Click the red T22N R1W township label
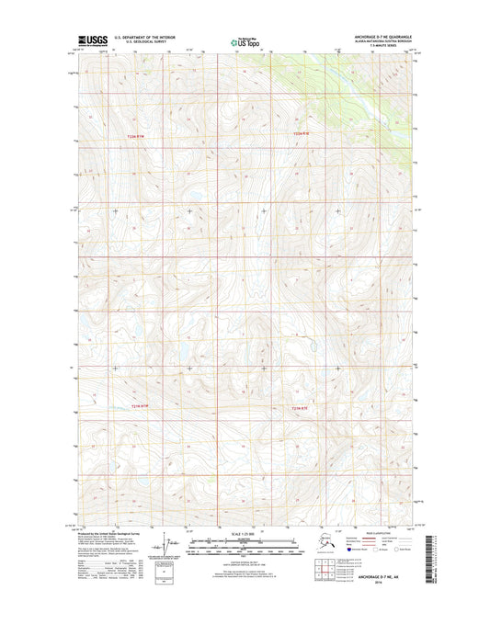[x=136, y=136]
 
